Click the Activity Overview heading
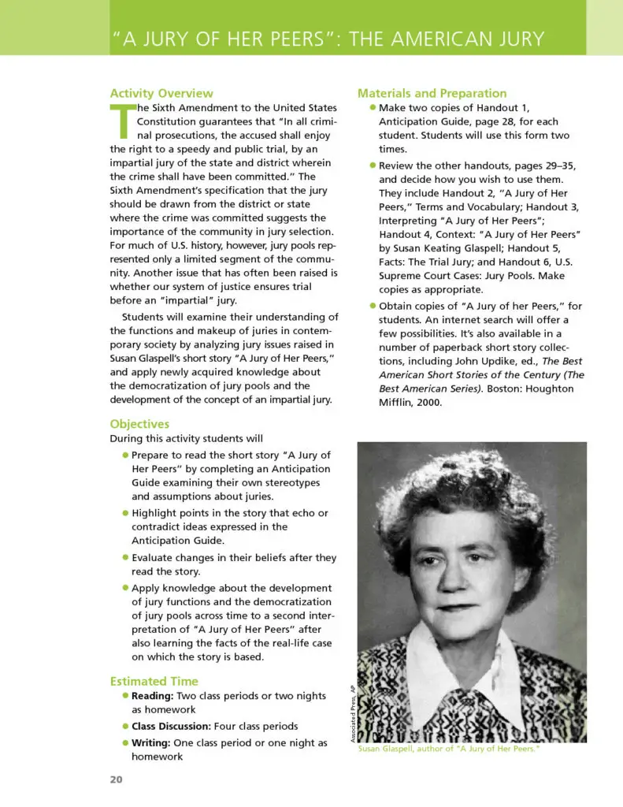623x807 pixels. pyautogui.click(x=161, y=93)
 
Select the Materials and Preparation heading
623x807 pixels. pyautogui.click(x=432, y=93)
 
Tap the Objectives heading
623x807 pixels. pyautogui.click(x=139, y=424)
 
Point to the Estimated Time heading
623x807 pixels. pyautogui.click(x=154, y=681)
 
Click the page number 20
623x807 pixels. pyautogui.click(x=117, y=780)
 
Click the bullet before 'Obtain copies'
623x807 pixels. pyautogui.click(x=373, y=306)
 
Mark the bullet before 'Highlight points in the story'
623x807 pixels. pyautogui.click(x=125, y=513)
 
